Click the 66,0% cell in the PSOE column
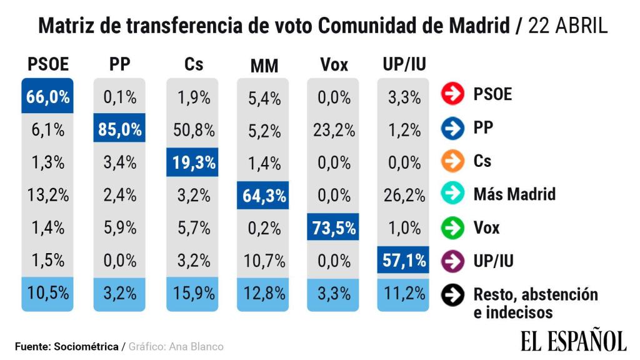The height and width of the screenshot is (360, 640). point(47,97)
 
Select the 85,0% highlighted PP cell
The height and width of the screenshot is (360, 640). point(119,130)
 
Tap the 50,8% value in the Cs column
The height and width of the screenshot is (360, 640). point(192,130)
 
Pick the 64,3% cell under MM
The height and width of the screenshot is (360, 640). point(263,196)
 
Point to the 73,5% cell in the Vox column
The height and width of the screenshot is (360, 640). point(334,228)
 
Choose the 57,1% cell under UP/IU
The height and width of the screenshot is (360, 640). point(404,260)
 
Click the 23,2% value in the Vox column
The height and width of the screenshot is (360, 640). point(334,130)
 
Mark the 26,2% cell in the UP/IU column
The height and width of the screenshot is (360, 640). point(404,196)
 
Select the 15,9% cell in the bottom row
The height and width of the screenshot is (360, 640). point(192,292)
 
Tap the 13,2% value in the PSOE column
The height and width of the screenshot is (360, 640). point(47,196)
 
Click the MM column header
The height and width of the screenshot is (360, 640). point(264,66)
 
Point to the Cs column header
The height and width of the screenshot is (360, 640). point(194,64)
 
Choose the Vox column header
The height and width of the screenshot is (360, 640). point(334,64)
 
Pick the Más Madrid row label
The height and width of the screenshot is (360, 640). point(514,194)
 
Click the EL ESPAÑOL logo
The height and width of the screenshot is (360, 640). point(572,341)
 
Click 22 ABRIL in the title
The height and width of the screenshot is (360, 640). point(567,26)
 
